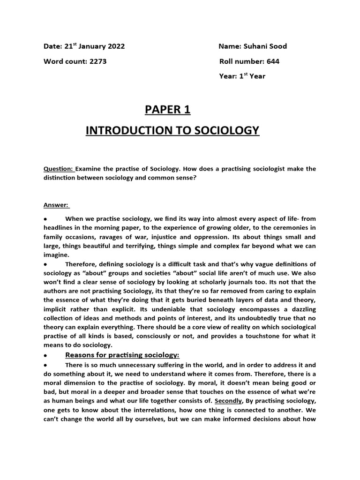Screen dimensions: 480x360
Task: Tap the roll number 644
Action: coord(274,61)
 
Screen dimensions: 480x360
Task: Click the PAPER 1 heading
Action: coord(167,110)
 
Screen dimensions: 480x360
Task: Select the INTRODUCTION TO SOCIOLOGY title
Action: coord(172,130)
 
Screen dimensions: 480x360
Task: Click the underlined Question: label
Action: coord(59,169)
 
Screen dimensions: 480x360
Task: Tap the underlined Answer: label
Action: coord(56,205)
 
